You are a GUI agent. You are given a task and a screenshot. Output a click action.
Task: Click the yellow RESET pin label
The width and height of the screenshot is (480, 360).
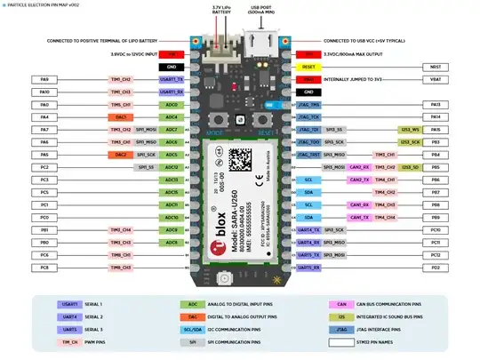click(307, 67)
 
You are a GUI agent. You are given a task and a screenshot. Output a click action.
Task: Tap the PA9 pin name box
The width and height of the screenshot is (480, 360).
click(44, 79)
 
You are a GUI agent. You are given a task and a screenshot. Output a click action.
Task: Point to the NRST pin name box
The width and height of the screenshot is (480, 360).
click(435, 67)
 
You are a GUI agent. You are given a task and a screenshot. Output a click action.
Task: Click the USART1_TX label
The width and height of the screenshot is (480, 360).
click(172, 79)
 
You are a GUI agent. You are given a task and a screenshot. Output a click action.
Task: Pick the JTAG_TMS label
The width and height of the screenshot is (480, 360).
click(308, 104)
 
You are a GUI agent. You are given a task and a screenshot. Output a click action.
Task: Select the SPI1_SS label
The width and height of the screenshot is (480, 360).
click(146, 167)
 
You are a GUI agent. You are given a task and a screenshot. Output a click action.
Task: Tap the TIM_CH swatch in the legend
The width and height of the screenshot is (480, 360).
click(68, 340)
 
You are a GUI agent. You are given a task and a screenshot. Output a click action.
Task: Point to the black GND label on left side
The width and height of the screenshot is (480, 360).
click(172, 67)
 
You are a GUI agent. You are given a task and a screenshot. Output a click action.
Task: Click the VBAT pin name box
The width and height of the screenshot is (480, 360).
click(435, 79)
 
